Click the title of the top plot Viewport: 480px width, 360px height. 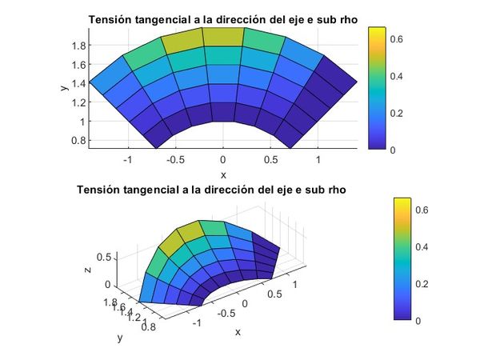(x=222, y=19)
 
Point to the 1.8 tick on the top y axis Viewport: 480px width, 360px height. (x=77, y=46)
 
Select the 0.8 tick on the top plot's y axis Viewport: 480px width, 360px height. (x=77, y=141)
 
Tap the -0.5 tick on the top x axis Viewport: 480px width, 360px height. (x=174, y=160)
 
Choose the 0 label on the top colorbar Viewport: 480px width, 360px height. (x=391, y=150)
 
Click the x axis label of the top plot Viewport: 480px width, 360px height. (x=223, y=174)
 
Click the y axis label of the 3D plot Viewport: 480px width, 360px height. (x=120, y=338)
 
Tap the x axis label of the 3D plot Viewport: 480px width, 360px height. (x=238, y=331)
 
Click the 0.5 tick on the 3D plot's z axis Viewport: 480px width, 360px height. (x=104, y=258)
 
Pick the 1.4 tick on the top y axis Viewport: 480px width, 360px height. (x=77, y=83)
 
